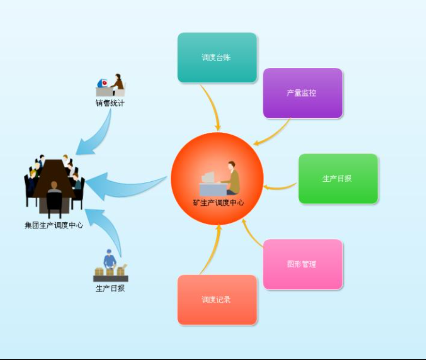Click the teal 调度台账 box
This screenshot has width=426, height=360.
(217, 58)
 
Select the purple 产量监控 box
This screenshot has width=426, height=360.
(303, 93)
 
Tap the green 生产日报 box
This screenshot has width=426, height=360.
(338, 179)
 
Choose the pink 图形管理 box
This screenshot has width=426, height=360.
(303, 264)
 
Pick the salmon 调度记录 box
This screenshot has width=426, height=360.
(217, 299)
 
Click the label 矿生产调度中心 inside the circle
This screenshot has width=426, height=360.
(218, 203)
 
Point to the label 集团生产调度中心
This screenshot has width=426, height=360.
(54, 225)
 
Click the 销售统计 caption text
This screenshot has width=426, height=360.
(110, 103)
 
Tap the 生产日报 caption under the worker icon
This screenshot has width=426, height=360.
(110, 288)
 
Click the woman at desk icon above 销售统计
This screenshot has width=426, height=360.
(110, 85)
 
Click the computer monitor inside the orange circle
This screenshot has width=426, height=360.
(208, 177)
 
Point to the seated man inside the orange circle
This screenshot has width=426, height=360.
(231, 178)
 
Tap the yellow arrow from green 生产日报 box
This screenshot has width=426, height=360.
(280, 187)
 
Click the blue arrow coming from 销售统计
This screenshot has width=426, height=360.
(101, 136)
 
